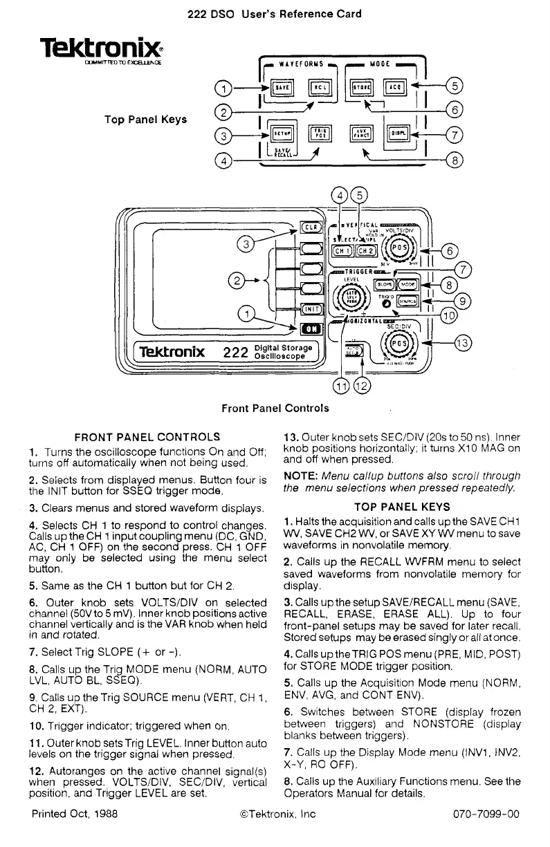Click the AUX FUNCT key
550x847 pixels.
click(360, 133)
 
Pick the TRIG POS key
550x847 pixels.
click(320, 133)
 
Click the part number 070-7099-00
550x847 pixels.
click(483, 814)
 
